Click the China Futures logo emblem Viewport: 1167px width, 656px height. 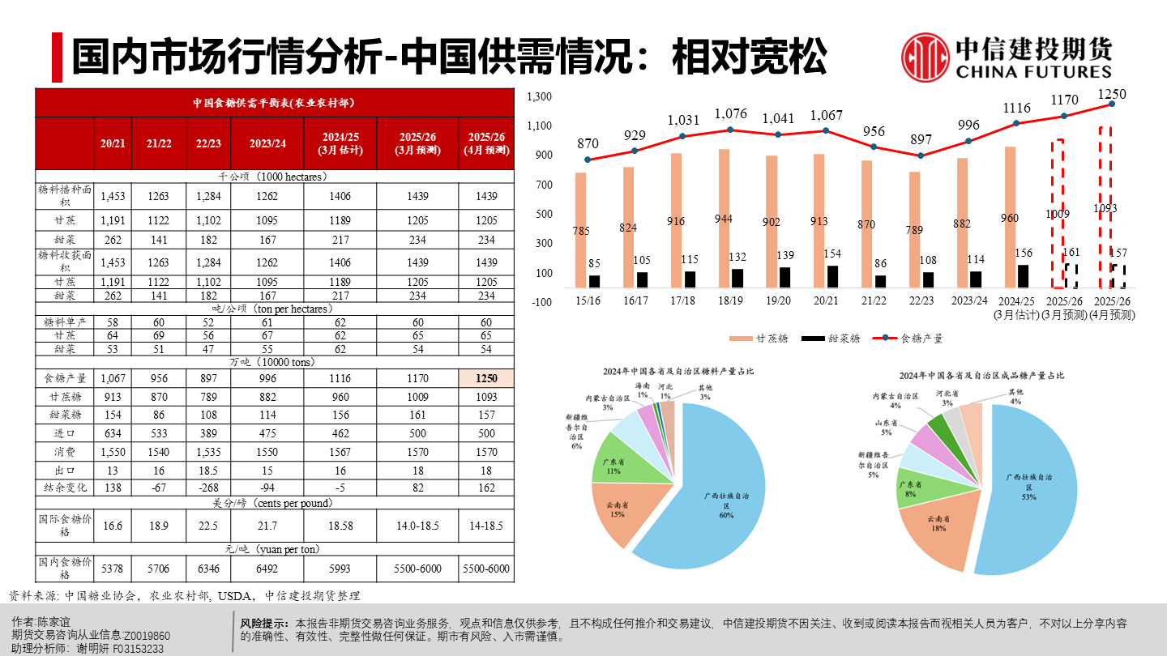pyautogui.click(x=926, y=58)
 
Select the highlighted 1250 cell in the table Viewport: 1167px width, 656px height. pyautogui.click(x=485, y=378)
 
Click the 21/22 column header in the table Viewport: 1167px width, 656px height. pyautogui.click(x=159, y=143)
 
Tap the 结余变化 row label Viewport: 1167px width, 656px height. pyautogui.click(x=65, y=488)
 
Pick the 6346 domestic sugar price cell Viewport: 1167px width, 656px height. pyautogui.click(x=208, y=569)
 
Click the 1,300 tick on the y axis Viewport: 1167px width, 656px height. pyautogui.click(x=539, y=97)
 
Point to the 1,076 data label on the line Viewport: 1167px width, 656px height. pyautogui.click(x=731, y=113)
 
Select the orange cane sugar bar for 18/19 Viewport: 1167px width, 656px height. pyautogui.click(x=725, y=218)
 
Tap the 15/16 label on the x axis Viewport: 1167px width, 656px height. pyautogui.click(x=588, y=300)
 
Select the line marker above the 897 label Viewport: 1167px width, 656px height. pyautogui.click(x=920, y=155)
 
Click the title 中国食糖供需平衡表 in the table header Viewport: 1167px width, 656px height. pyautogui.click(x=274, y=103)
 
